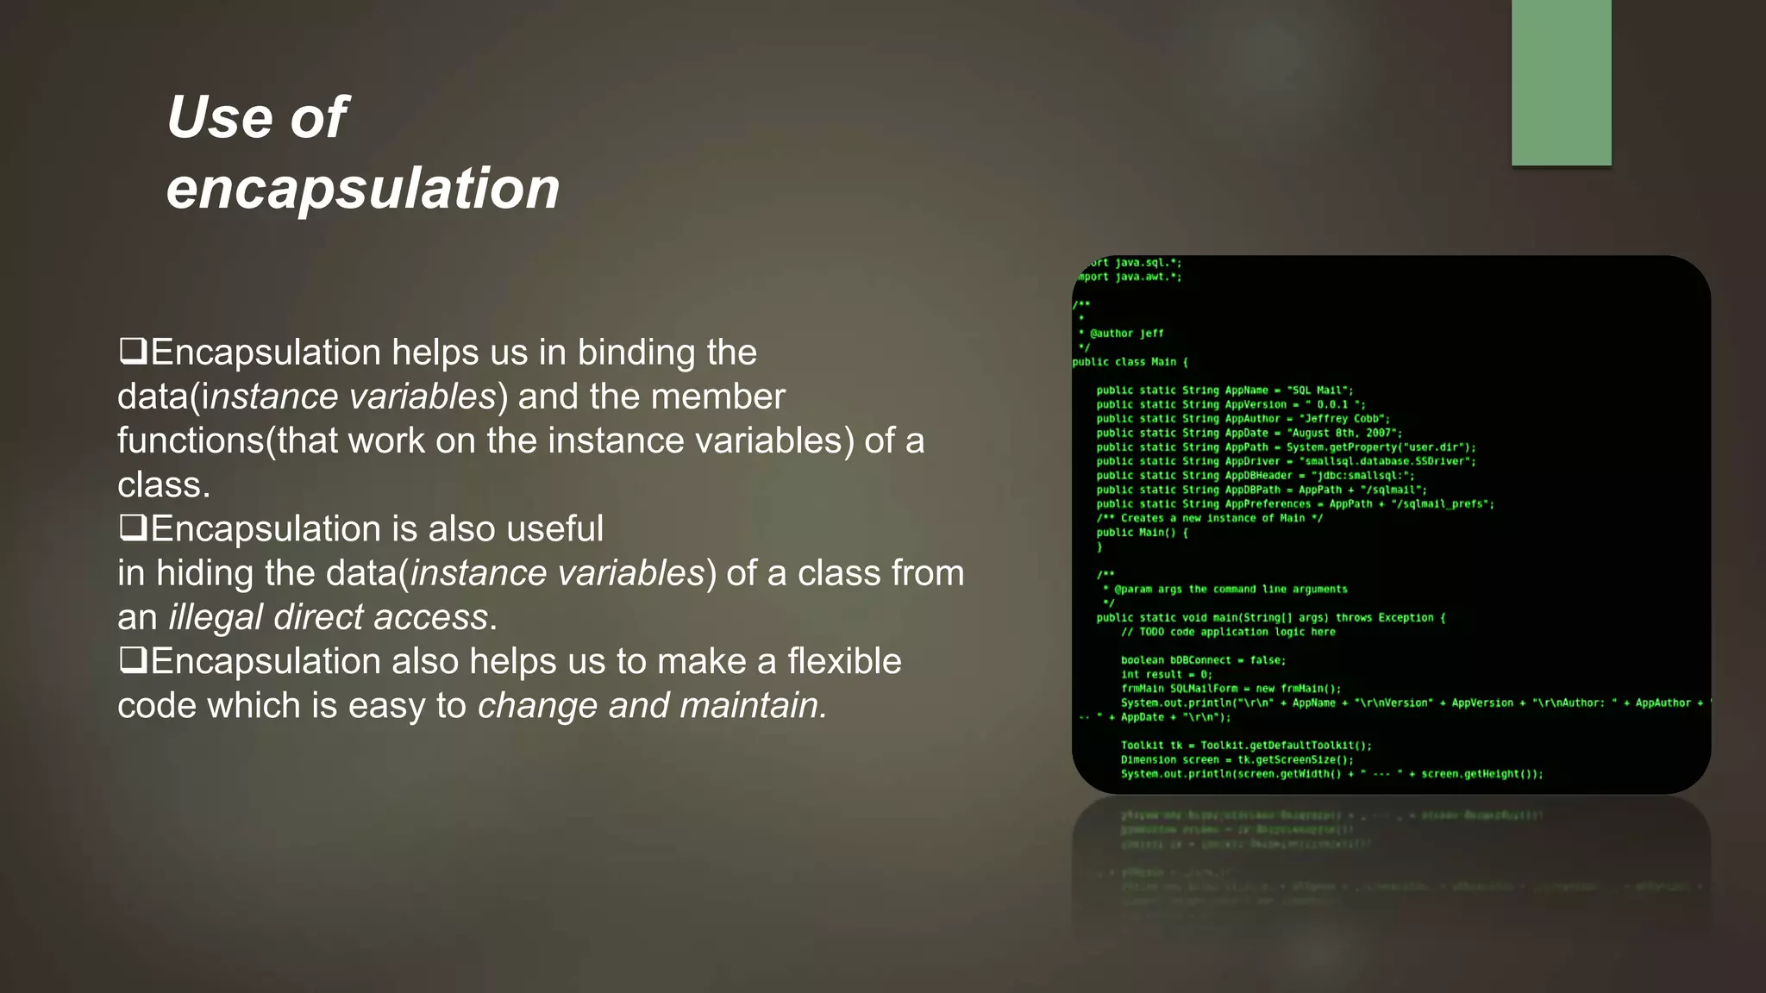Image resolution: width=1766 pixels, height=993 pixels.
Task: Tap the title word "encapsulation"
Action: point(363,189)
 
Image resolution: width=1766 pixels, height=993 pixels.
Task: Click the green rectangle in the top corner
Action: point(1561,82)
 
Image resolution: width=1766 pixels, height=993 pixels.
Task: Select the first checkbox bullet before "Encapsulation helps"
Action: point(133,351)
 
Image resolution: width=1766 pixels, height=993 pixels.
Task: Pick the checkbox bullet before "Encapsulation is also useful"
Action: point(133,528)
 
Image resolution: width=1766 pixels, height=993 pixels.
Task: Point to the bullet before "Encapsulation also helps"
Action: point(133,660)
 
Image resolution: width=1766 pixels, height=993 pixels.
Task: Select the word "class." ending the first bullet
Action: point(164,484)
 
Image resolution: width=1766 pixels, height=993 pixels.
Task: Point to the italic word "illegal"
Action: point(216,617)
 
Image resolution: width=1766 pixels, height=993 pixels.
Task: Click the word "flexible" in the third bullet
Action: point(843,661)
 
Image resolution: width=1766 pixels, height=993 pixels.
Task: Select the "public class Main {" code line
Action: point(1130,362)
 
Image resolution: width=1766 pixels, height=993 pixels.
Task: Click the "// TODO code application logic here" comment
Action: point(1228,632)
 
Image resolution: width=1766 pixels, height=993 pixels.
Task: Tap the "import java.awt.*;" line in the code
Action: point(1130,277)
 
